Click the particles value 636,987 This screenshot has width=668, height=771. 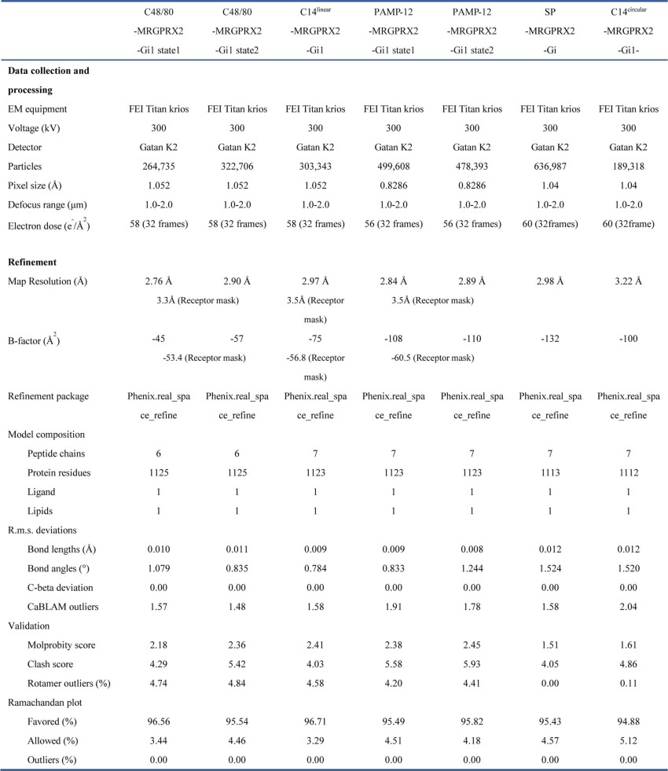coord(550,167)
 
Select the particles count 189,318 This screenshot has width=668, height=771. coord(629,167)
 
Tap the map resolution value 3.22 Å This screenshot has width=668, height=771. coord(629,281)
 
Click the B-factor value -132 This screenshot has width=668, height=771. coord(550,339)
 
